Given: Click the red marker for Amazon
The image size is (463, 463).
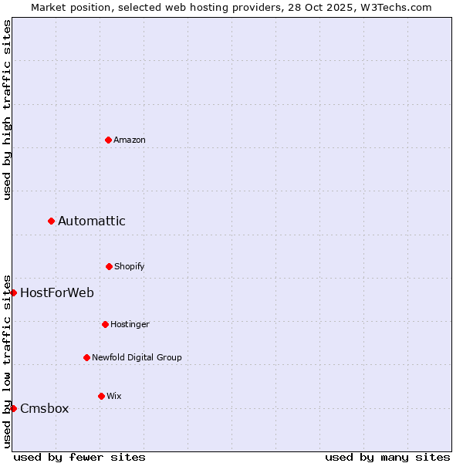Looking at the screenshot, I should click(x=108, y=140).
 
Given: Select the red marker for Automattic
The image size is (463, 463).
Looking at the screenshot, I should click(x=51, y=221).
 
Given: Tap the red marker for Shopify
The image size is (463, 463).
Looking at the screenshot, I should click(x=109, y=266).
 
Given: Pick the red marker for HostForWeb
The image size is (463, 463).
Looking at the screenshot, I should click(x=13, y=292).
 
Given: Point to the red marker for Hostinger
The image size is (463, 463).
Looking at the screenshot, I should click(x=105, y=324).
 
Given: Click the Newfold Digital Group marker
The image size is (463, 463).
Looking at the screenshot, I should click(x=86, y=357).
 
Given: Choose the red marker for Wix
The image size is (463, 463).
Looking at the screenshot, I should click(x=101, y=396).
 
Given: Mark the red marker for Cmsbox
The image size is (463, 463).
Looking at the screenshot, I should click(x=13, y=408).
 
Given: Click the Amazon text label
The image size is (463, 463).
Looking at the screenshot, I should click(x=130, y=140).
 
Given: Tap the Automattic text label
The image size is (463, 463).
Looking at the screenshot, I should click(x=92, y=221).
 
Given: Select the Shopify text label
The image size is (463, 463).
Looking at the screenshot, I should click(x=130, y=266).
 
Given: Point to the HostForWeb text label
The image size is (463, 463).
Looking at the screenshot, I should click(x=57, y=292).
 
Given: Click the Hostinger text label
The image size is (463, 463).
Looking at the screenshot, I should click(x=130, y=324).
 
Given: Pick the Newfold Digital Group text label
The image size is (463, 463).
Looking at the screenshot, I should click(x=137, y=357).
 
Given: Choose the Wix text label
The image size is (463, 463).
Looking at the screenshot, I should click(x=114, y=396).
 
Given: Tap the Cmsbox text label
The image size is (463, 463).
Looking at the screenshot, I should click(x=45, y=408).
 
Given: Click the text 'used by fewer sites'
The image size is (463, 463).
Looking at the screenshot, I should click(x=79, y=457).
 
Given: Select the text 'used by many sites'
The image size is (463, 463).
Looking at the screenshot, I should click(x=387, y=457).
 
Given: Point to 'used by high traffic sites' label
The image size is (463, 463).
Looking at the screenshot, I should click(x=7, y=110).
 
